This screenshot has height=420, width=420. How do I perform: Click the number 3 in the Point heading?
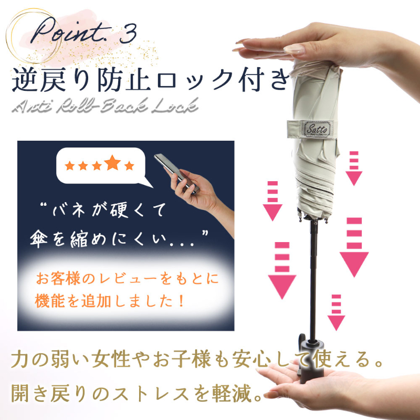(128, 33)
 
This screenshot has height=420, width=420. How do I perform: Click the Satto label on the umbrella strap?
(317, 129)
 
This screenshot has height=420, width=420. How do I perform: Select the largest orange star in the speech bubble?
(112, 163)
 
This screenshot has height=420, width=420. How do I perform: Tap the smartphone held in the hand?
(176, 173)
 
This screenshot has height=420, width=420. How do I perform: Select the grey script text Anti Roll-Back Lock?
(105, 106)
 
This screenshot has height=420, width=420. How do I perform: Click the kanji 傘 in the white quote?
(39, 238)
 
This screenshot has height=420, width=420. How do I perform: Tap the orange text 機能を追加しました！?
(110, 301)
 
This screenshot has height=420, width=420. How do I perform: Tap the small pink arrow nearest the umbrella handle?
(336, 312)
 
